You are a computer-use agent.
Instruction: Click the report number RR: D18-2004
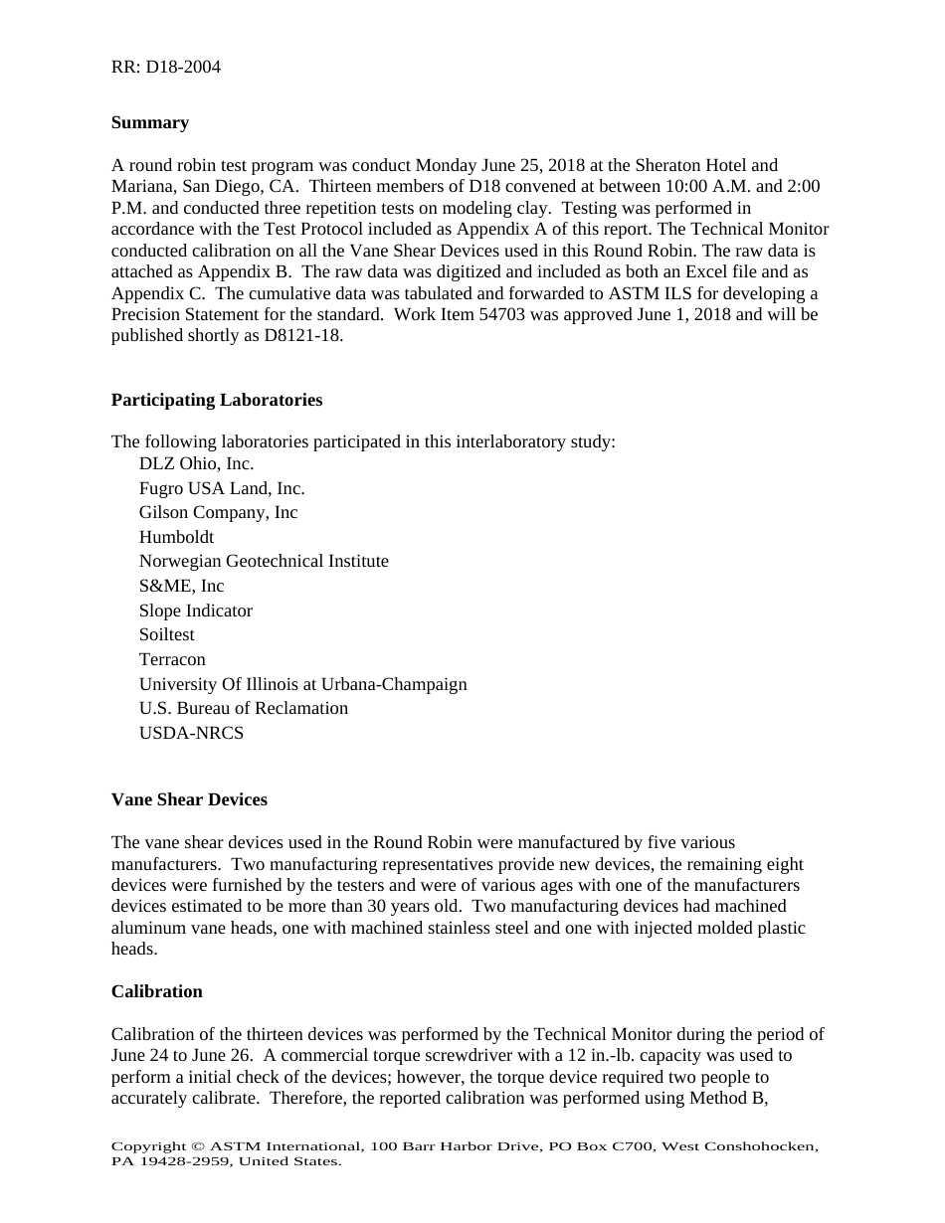click(165, 68)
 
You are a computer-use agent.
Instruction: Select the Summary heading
click(150, 123)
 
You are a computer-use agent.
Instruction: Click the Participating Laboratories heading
click(217, 400)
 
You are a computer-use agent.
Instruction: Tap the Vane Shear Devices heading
click(189, 799)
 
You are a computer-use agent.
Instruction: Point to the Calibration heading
click(157, 991)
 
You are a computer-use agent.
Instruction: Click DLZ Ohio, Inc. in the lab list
click(196, 464)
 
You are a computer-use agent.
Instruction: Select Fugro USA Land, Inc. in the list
click(222, 488)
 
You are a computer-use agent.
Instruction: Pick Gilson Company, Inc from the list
click(218, 513)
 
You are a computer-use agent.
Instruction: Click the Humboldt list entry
click(176, 537)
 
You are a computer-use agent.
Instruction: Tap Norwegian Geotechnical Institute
click(264, 562)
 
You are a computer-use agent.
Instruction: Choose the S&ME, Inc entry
click(181, 587)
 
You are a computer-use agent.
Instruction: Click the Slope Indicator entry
click(195, 611)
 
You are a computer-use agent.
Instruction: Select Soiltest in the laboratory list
click(166, 634)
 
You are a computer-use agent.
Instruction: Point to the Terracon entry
click(172, 659)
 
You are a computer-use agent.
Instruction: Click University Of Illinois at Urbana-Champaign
click(302, 684)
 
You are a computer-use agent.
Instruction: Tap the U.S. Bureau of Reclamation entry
click(244, 708)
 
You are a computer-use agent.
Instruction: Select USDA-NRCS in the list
click(191, 733)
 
